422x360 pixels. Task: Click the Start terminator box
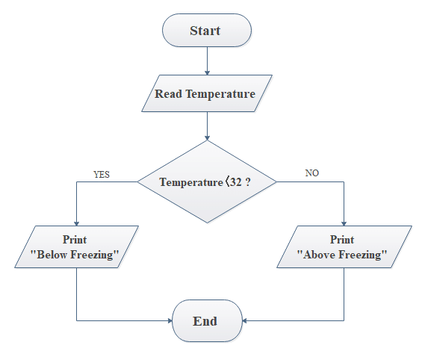coord(207,31)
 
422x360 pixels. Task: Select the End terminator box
coord(207,320)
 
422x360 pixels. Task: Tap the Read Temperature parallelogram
coord(207,93)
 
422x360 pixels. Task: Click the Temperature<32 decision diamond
coord(207,182)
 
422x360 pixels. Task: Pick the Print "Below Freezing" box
coord(76,246)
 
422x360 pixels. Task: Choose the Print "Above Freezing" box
coord(344,246)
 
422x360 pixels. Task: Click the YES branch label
coord(102,175)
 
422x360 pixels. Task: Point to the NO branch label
coord(312,173)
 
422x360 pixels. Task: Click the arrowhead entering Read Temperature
coord(207,72)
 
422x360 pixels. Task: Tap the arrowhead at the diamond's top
coord(207,138)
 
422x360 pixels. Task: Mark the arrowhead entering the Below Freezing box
coord(76,223)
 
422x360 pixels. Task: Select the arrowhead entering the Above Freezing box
coord(344,223)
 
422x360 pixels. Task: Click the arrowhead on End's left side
coord(170,320)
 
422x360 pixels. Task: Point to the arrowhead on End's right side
coord(245,320)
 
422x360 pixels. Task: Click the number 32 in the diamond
coord(236,182)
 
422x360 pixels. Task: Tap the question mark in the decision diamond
coord(248,182)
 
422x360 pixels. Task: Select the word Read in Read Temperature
coord(168,93)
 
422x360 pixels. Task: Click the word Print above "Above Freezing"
coord(342,240)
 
